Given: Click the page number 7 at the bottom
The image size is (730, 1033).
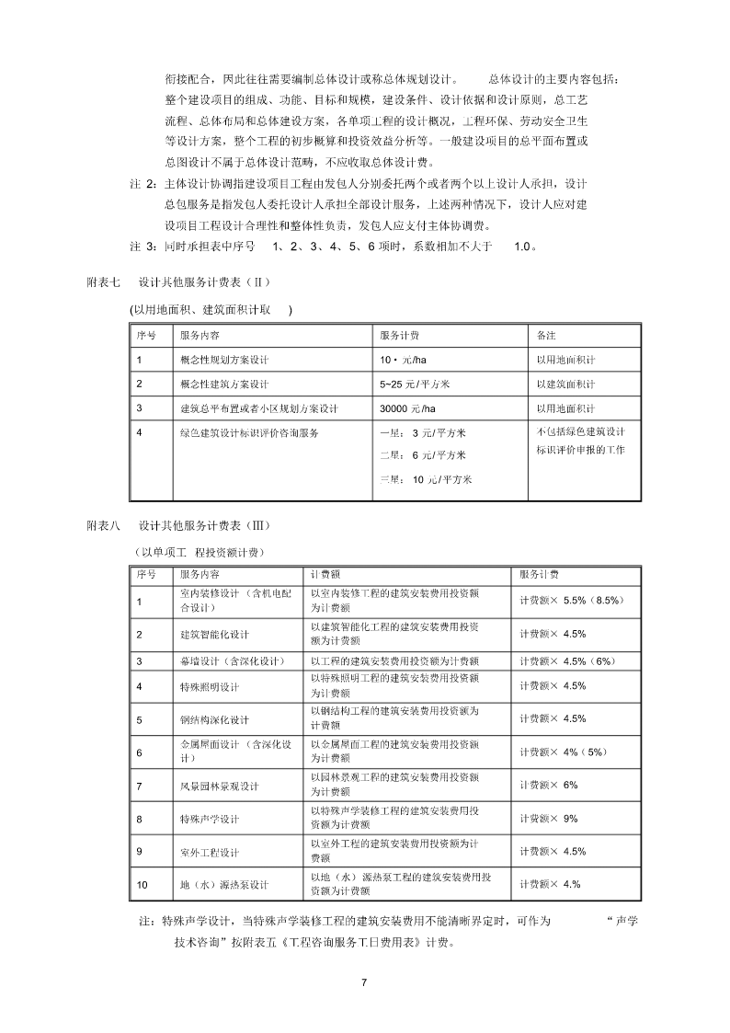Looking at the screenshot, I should click(364, 983).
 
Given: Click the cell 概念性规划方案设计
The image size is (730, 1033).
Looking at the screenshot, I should click(224, 359).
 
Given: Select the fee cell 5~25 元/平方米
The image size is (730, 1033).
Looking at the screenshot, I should click(413, 384).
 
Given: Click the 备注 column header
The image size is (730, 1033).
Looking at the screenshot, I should click(546, 335).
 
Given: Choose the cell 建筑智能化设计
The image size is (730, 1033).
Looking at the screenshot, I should click(215, 634).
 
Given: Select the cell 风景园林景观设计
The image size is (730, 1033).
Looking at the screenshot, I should click(220, 786).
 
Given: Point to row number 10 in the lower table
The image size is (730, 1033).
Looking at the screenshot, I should click(142, 885).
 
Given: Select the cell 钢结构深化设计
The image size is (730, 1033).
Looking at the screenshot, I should click(215, 719).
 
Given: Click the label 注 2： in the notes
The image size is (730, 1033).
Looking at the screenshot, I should click(145, 183).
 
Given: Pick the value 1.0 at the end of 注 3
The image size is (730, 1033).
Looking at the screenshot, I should click(521, 247).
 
